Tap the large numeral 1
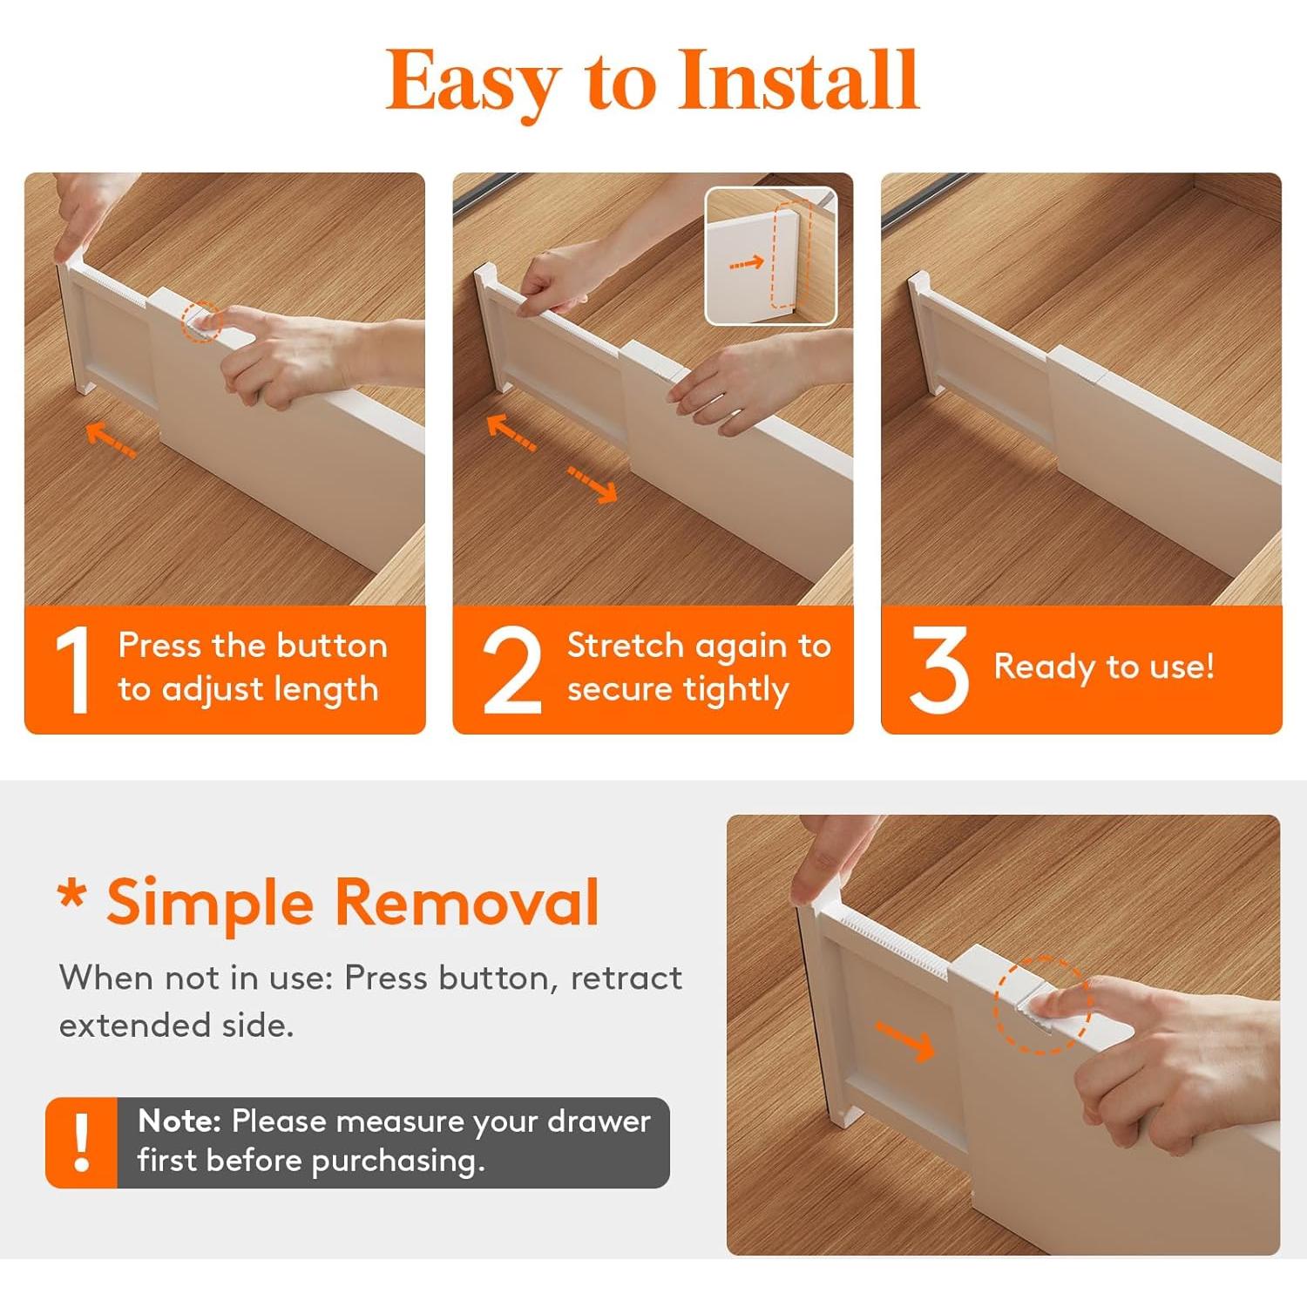coord(74,670)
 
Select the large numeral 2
coord(511,670)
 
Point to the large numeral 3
coord(938,670)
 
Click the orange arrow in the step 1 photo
coord(112,438)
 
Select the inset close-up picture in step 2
coord(770,256)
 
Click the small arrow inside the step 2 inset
coord(747,262)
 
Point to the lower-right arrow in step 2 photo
coord(593,484)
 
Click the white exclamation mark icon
coord(82,1142)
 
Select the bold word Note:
coord(179,1121)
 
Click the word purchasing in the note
coord(397,1161)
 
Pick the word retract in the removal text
coord(626,979)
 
